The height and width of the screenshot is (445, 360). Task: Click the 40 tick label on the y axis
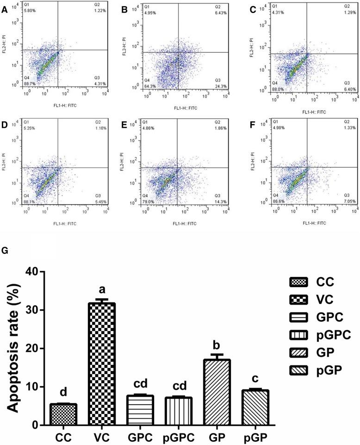(x=28, y=271)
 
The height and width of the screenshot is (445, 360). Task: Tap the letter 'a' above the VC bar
(x=102, y=290)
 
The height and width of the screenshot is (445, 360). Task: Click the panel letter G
(x=5, y=251)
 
